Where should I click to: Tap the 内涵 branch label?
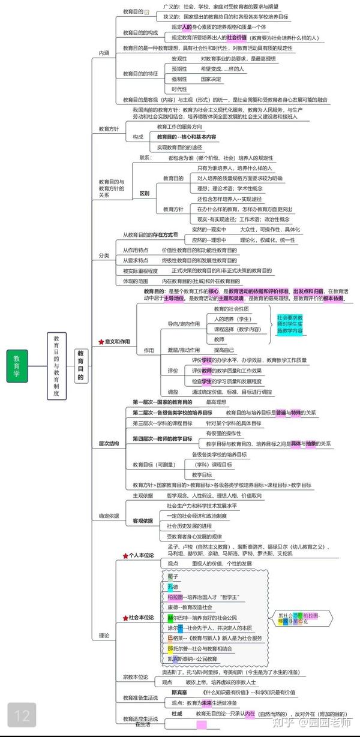point(104,53)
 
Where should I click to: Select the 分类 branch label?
point(104,255)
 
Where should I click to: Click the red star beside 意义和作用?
point(101,342)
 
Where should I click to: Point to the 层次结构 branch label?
point(109,443)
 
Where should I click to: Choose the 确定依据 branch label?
point(109,516)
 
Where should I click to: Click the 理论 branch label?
point(104,635)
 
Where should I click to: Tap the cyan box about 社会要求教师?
point(290,324)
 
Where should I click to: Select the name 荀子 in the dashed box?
point(173,576)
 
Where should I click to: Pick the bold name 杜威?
point(176,714)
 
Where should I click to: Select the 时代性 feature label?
point(179,89)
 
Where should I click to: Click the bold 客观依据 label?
point(143,521)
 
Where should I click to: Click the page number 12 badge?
point(22,715)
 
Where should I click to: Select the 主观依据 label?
point(143,495)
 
